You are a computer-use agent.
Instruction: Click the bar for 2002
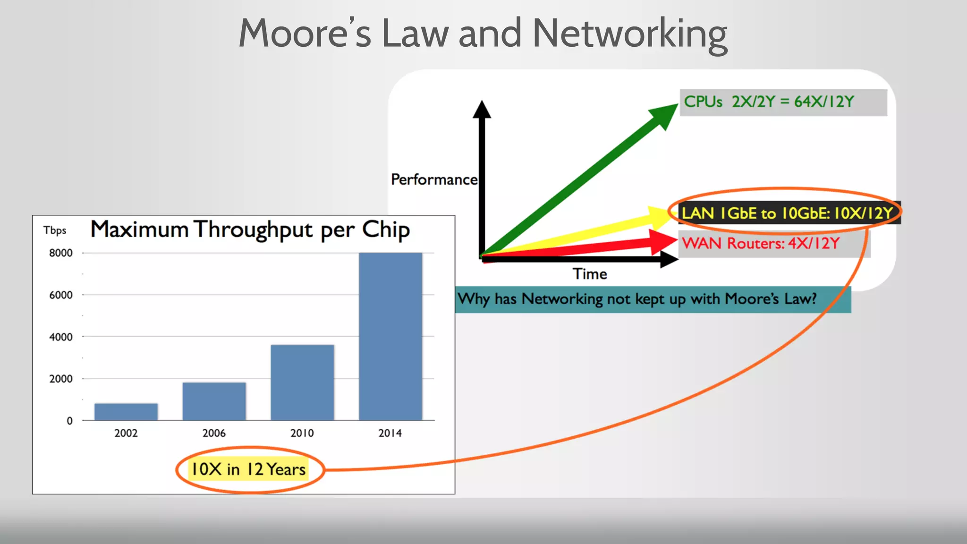pyautogui.click(x=126, y=412)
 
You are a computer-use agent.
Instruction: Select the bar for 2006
pyautogui.click(x=214, y=401)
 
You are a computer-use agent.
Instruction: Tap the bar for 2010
pyautogui.click(x=302, y=382)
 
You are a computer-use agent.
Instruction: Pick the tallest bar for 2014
pyautogui.click(x=390, y=336)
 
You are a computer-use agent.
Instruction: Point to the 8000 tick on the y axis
pyautogui.click(x=61, y=253)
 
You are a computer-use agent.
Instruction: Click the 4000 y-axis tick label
pyautogui.click(x=61, y=337)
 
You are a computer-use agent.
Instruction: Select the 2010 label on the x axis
pyautogui.click(x=302, y=433)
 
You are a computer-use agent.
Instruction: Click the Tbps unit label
pyautogui.click(x=55, y=230)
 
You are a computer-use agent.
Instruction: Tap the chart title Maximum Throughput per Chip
pyautogui.click(x=250, y=230)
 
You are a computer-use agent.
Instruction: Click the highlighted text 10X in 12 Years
pyautogui.click(x=248, y=469)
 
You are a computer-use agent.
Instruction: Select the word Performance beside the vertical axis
pyautogui.click(x=434, y=179)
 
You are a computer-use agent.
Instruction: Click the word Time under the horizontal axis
pyautogui.click(x=590, y=274)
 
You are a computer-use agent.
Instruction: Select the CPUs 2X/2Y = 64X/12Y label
pyautogui.click(x=769, y=102)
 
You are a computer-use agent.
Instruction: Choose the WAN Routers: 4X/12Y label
pyautogui.click(x=761, y=244)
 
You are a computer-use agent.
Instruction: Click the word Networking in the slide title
pyautogui.click(x=630, y=34)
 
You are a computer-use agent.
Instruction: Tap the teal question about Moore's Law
pyautogui.click(x=637, y=299)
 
